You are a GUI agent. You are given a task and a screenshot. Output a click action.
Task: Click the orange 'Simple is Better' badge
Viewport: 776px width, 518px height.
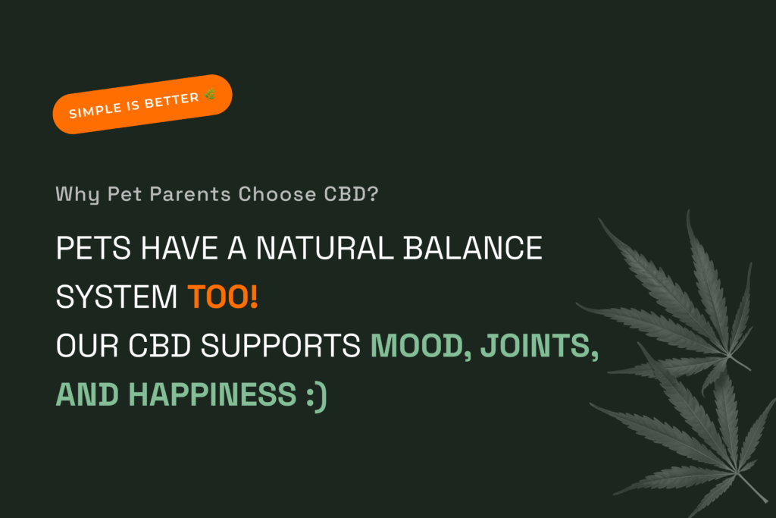coord(142,104)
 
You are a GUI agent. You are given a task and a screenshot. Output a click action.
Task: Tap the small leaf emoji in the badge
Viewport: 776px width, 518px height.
coord(210,93)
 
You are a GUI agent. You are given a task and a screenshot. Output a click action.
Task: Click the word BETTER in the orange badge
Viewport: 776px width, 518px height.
coord(172,101)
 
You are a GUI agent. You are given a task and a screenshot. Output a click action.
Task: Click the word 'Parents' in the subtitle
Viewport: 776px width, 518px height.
coord(190,193)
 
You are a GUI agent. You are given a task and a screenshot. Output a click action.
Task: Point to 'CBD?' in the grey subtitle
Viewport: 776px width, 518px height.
coord(351,193)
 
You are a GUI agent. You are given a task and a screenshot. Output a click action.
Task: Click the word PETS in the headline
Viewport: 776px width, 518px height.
coord(93,247)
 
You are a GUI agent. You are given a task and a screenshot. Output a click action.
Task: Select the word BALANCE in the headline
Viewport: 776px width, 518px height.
coord(473,247)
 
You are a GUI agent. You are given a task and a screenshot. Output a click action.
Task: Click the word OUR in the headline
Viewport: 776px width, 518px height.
coord(88,345)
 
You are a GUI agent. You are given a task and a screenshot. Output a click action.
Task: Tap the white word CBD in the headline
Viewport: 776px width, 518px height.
coord(159,345)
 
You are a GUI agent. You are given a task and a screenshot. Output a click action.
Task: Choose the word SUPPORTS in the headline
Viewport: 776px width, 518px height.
coord(280,345)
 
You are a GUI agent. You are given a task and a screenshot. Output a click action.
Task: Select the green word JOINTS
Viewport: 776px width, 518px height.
coord(540,346)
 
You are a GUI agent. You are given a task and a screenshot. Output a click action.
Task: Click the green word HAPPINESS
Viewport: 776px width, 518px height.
coord(212,394)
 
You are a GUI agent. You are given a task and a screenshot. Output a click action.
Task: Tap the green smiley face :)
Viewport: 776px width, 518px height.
coord(317,396)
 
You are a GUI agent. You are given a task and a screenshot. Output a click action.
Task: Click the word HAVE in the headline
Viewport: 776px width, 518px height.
coord(180,247)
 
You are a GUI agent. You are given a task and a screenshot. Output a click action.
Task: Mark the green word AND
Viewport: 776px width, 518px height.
coord(87,394)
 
